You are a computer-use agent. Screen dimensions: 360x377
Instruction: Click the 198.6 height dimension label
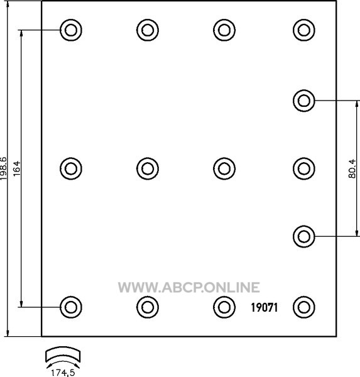point(4,168)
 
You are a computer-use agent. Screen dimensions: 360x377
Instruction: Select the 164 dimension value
point(17,168)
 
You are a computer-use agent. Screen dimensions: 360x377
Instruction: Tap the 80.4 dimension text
point(352,168)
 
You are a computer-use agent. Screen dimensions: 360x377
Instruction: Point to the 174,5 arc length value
point(63,373)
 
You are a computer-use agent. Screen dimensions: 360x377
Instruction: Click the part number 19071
point(265,307)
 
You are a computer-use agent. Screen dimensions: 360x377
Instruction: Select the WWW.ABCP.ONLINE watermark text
point(189,287)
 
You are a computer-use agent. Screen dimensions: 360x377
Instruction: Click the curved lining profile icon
point(63,354)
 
